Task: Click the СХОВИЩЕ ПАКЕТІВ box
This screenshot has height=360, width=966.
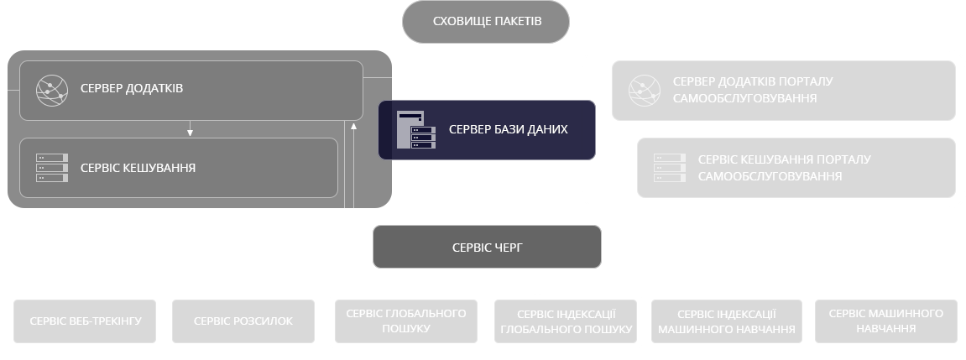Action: pyautogui.click(x=487, y=22)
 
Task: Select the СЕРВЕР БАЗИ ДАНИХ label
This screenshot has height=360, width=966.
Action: pyautogui.click(x=509, y=130)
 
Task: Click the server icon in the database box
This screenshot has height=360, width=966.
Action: pyautogui.click(x=417, y=130)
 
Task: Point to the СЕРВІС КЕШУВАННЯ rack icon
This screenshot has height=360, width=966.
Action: pyautogui.click(x=51, y=168)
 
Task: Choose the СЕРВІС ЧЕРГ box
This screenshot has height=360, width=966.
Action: pyautogui.click(x=487, y=247)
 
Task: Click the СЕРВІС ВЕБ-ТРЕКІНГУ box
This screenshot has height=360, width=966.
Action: pyautogui.click(x=86, y=321)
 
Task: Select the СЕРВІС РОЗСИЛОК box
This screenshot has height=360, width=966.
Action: pyautogui.click(x=243, y=321)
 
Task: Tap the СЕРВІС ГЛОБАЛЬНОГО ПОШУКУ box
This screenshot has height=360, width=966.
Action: pyautogui.click(x=405, y=321)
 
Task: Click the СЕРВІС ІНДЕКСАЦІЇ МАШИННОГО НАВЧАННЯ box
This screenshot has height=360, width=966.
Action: pyautogui.click(x=727, y=321)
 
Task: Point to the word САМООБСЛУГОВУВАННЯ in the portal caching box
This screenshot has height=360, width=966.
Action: pyautogui.click(x=770, y=177)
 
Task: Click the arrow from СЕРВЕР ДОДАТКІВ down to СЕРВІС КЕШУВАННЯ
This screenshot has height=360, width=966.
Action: pyautogui.click(x=191, y=128)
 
